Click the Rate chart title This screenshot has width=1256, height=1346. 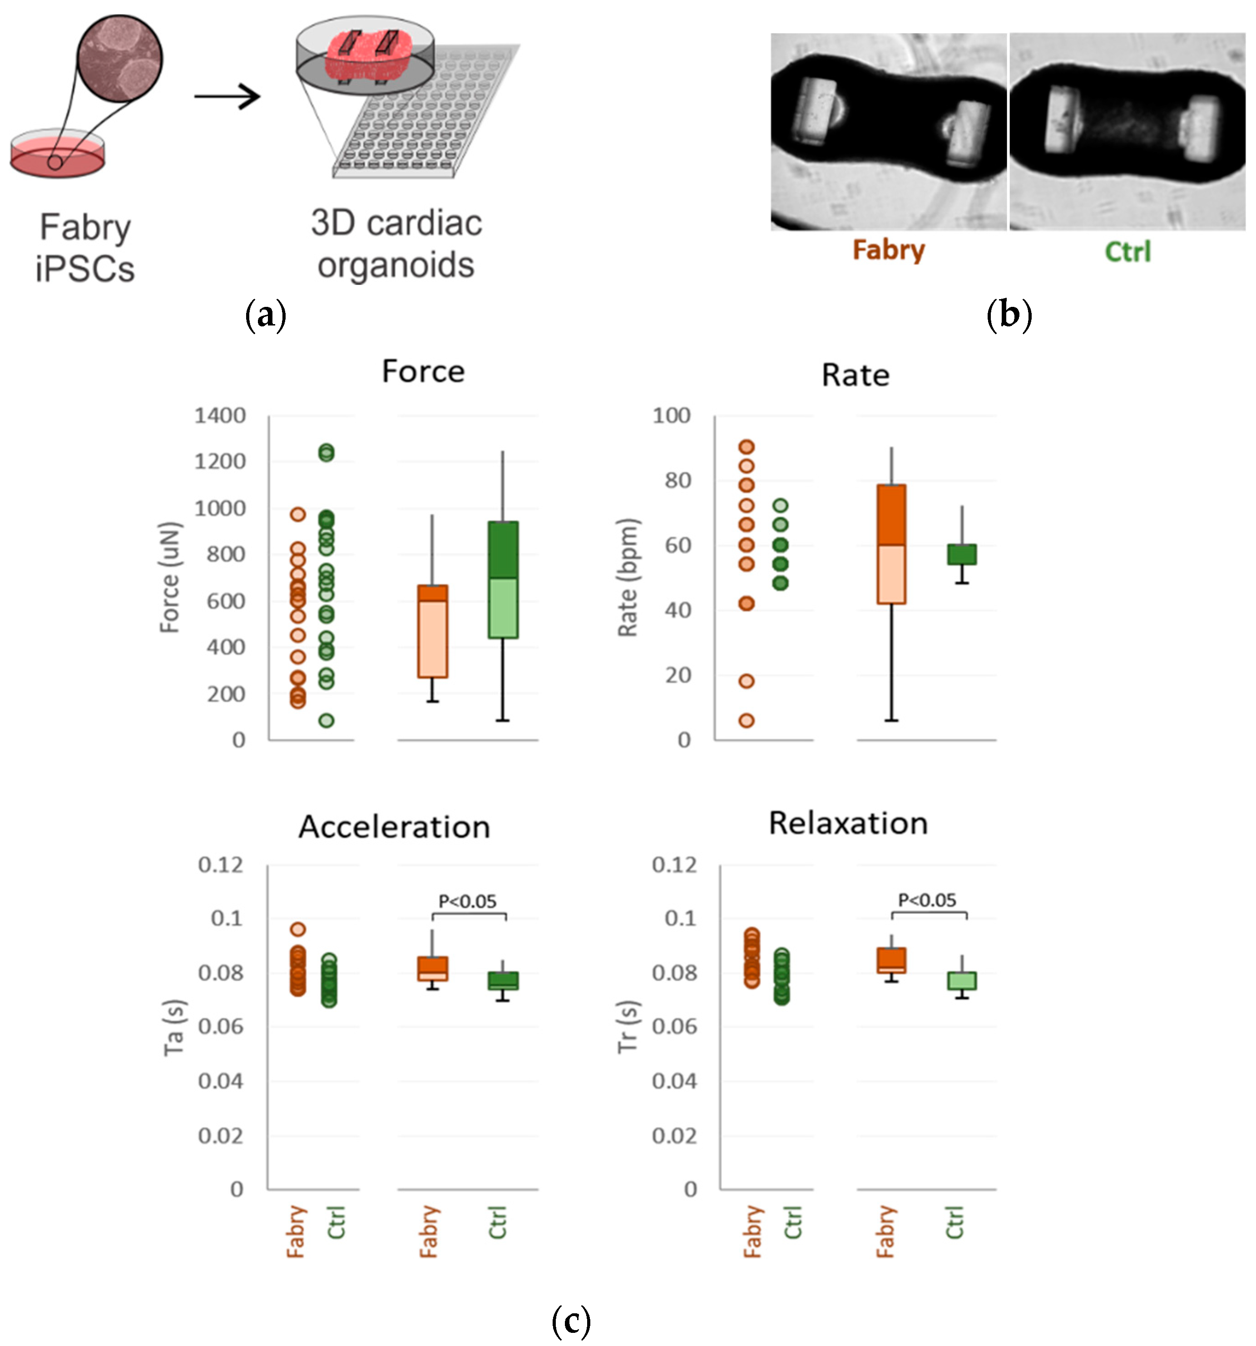tap(855, 375)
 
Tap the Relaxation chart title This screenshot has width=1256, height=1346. tap(848, 823)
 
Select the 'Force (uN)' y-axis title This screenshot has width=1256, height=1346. tap(170, 577)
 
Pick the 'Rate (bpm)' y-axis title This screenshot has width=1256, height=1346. tap(628, 577)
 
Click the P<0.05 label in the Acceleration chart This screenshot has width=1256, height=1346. tap(467, 901)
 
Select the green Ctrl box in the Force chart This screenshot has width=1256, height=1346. tap(503, 580)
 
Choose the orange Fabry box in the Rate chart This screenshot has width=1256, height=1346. tap(891, 544)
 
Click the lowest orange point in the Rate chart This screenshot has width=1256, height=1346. tap(746, 720)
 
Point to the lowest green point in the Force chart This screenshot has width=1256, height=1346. tap(326, 720)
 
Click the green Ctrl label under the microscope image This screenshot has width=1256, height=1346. tap(1127, 252)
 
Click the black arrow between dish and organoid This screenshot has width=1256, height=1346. tap(227, 96)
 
